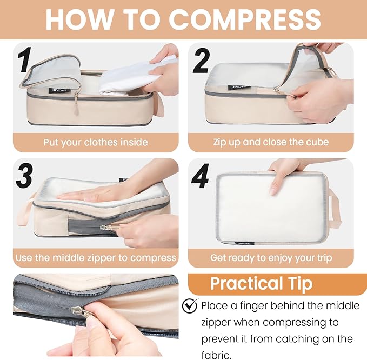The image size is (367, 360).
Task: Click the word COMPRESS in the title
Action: [245, 19]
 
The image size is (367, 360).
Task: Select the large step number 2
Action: [201, 61]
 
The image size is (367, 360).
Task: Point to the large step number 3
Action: [25, 177]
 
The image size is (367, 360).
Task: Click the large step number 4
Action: [201, 176]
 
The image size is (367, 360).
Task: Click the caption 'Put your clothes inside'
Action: [96, 143]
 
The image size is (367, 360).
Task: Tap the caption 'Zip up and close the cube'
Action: [270, 143]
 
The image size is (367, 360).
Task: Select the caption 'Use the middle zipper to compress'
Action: [96, 258]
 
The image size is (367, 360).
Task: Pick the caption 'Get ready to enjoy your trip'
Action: [270, 258]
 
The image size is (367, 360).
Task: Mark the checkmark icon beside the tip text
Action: [190, 305]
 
